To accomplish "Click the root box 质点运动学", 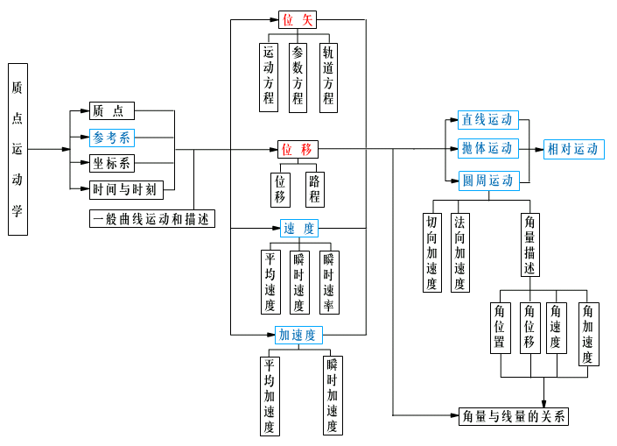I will pos(18,149).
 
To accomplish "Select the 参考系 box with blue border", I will pos(111,138).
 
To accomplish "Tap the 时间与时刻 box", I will pos(126,188).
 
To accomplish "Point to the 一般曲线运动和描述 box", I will pos(152,219).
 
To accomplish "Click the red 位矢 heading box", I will pos(297,19).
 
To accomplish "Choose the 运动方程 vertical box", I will pos(269,77).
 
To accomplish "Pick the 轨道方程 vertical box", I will pos(328,75).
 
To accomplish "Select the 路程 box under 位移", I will pos(315,189).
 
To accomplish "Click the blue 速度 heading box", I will pos(299,229).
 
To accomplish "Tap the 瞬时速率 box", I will pos(329,282).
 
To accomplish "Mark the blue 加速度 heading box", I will pos(298,335).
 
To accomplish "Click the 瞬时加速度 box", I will pos(333,395).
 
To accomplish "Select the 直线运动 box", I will pos(488,120).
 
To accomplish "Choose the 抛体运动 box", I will pos(488,148).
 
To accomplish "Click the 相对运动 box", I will pos(573,149).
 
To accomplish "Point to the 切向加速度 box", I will pos(432,252).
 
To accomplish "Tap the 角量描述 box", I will pos(529,244).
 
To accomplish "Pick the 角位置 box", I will pos(500,327).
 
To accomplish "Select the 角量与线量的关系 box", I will pos(514,416).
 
